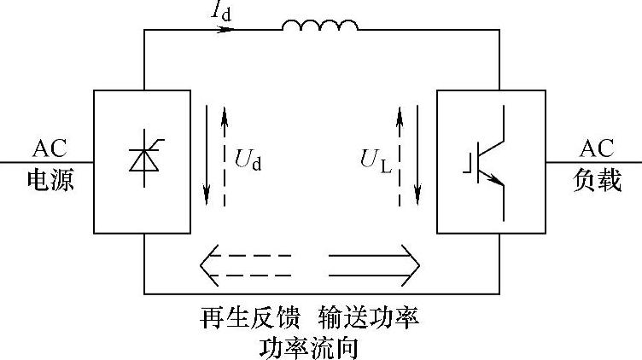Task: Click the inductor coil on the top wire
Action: coord(320,28)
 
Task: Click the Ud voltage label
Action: coord(247,158)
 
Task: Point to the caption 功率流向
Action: coord(308,347)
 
